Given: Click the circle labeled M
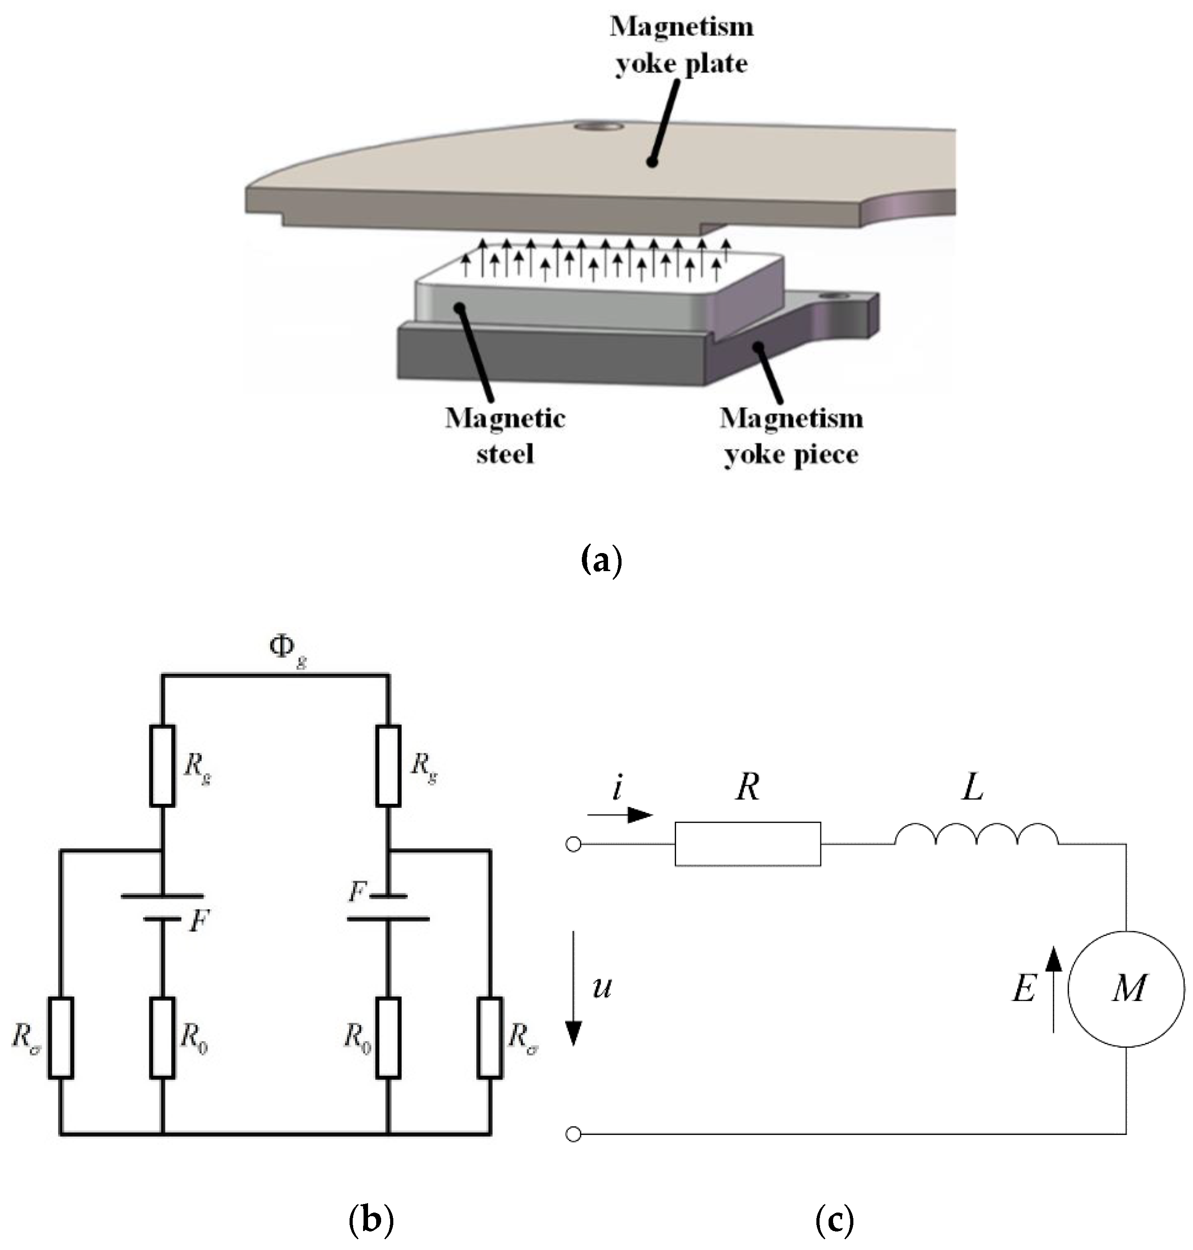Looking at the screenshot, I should tap(1126, 989).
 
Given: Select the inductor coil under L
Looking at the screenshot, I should tap(976, 835).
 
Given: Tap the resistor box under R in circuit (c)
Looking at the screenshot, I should tap(747, 844).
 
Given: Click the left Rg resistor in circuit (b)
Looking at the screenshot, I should tap(162, 765).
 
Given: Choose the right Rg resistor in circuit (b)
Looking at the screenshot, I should tap(388, 765).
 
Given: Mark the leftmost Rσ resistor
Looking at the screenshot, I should tap(60, 1038).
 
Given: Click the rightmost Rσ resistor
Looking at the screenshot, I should tap(490, 1038).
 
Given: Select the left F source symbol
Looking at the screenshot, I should tap(162, 907).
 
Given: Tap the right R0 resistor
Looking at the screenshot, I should tap(388, 1038).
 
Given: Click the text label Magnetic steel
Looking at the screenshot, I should tap(505, 436).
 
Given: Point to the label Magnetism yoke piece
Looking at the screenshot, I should tap(791, 436).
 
